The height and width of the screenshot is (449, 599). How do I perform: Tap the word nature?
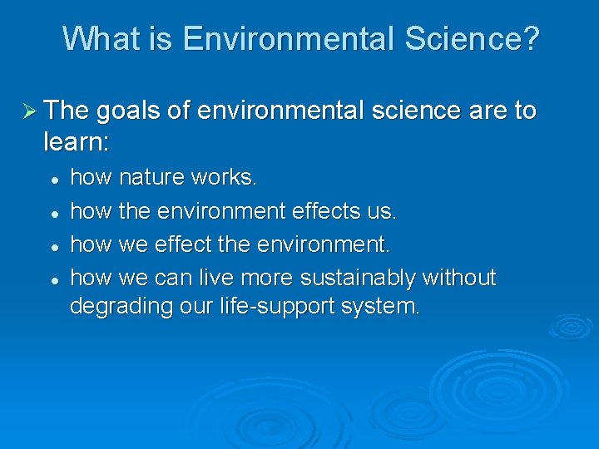[153, 177]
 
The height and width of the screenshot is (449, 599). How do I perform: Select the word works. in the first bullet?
[225, 177]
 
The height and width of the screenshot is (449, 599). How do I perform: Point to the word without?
[460, 277]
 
